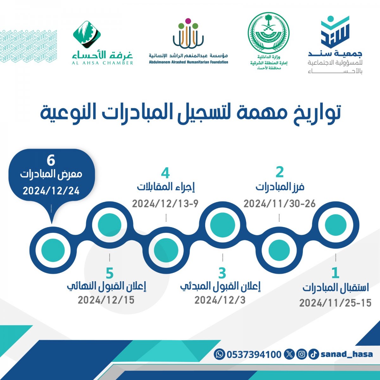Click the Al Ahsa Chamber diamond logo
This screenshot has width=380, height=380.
click(87, 35)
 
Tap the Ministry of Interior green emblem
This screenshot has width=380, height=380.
click(269, 33)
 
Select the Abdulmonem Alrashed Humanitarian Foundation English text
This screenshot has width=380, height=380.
click(188, 62)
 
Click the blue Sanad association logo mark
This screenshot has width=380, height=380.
click(335, 32)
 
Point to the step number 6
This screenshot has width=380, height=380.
click(51, 161)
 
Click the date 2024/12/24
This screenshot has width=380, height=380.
click(51, 191)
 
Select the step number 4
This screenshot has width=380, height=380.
click(165, 173)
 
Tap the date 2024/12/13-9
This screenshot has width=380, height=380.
click(165, 204)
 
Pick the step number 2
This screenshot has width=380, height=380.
click(280, 172)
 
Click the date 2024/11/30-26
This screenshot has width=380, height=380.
click(280, 204)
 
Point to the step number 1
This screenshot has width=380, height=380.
click(335, 273)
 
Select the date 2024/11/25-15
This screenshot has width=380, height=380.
click(335, 303)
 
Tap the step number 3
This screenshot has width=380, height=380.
click(222, 273)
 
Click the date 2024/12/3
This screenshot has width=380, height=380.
click(220, 300)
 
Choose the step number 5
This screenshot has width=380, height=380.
click(110, 273)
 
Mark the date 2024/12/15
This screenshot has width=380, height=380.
click(106, 300)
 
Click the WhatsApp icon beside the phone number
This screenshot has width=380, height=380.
click(219, 354)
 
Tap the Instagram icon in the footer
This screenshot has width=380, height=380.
click(301, 354)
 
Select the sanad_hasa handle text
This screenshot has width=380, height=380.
click(347, 354)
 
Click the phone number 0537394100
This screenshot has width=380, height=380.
click(254, 354)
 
